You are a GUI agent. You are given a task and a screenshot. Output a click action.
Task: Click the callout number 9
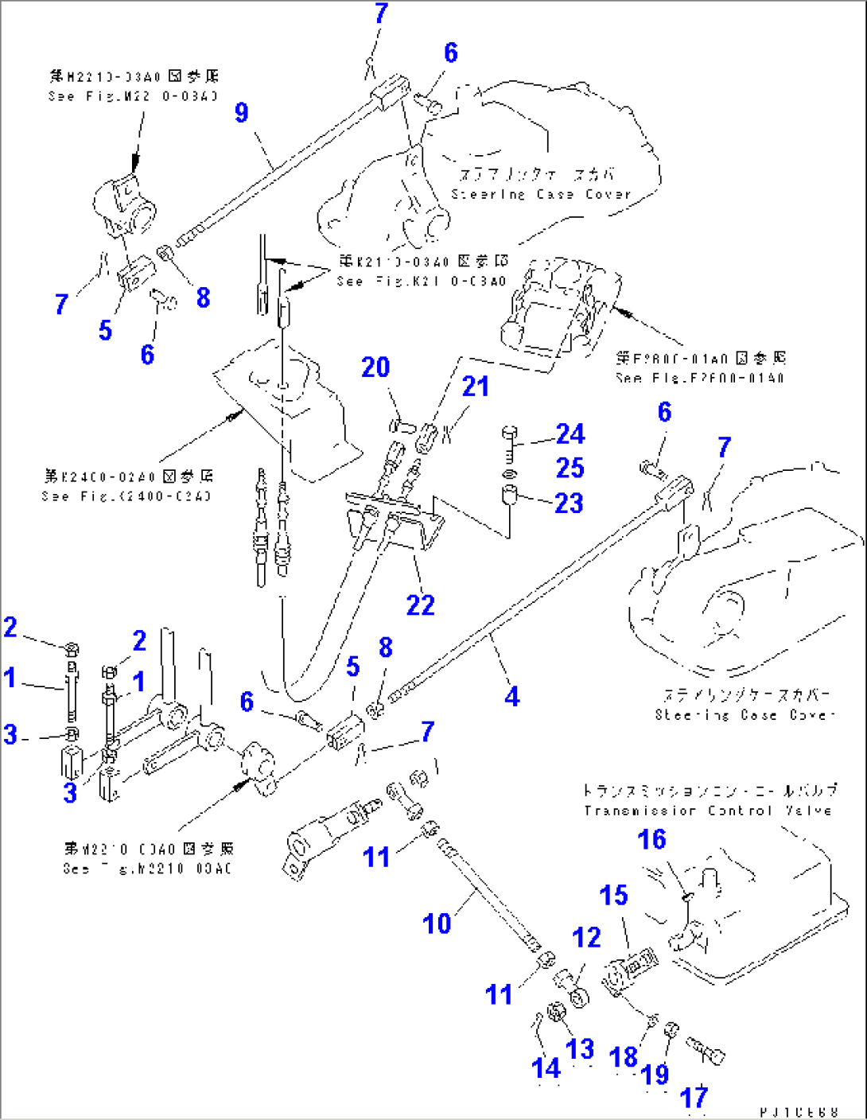tap(242, 112)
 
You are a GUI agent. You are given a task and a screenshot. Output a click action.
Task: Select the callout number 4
tap(512, 697)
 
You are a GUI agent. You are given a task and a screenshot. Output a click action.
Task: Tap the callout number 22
tap(421, 605)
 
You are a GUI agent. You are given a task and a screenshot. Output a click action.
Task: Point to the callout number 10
tap(437, 924)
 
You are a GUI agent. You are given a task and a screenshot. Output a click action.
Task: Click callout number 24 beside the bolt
tap(570, 434)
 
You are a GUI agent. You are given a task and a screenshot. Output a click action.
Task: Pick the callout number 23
tap(570, 503)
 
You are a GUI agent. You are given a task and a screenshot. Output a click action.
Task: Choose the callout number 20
tap(375, 367)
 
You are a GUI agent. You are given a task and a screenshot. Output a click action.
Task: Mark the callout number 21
tap(476, 387)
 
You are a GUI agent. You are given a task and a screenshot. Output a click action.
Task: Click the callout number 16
tap(651, 839)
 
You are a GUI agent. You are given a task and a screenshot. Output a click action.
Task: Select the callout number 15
tap(613, 895)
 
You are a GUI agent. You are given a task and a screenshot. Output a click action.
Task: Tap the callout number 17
tap(694, 1098)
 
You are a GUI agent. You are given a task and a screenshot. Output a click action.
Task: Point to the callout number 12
tap(586, 938)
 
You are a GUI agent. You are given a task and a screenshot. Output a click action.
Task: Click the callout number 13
tap(580, 1049)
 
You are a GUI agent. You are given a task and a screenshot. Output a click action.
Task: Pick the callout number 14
tap(546, 1068)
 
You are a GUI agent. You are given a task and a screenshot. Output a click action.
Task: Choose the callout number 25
tap(570, 468)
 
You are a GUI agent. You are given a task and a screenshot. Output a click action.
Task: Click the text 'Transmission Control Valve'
tap(707, 811)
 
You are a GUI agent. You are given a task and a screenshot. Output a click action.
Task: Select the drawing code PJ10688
tap(799, 1111)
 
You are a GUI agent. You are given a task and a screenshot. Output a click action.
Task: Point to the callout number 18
tap(624, 1057)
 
